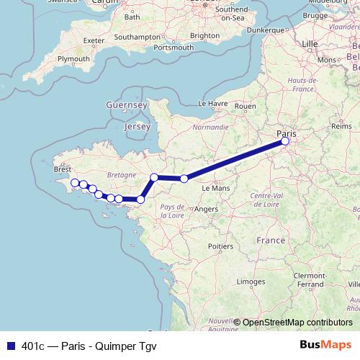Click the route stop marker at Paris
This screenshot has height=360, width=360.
click(285, 141)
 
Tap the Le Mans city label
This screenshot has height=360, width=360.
click(215, 188)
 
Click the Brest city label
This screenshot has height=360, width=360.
click(63, 170)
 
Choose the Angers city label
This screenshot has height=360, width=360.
click(207, 210)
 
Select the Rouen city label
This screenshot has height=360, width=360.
click(245, 106)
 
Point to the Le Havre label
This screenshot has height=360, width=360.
click(212, 104)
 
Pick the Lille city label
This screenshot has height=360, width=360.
click(310, 44)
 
